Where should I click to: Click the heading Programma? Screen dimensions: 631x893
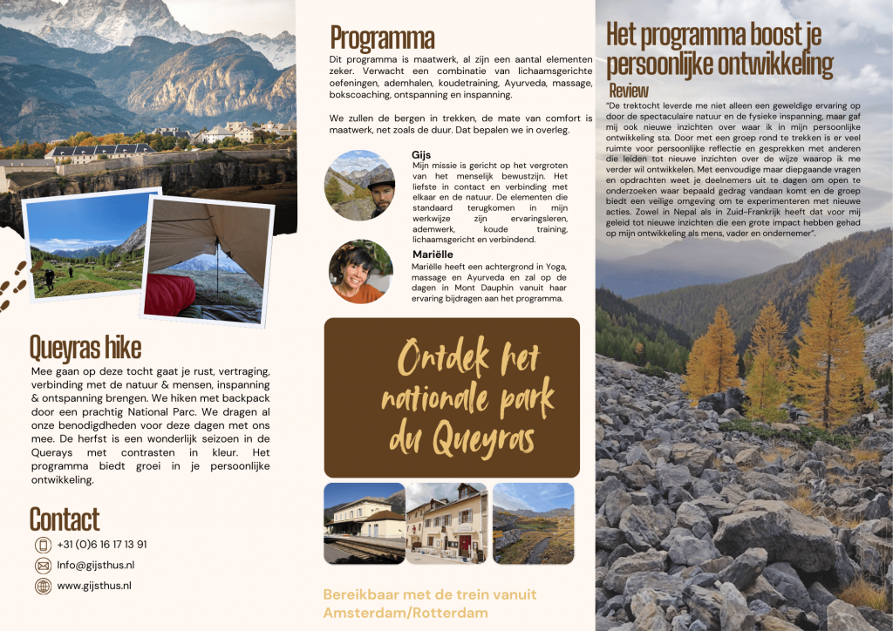coord(382,38)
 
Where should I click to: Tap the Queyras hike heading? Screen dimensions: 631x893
coord(85,347)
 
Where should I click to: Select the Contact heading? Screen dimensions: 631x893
coord(65,519)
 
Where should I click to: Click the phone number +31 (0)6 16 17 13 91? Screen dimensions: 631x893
coord(102,545)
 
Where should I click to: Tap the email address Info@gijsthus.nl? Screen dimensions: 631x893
coord(96,565)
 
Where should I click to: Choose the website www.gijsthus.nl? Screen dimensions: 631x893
coord(94,586)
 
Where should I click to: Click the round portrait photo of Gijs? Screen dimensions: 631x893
coord(359,185)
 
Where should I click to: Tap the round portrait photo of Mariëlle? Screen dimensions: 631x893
coord(360,271)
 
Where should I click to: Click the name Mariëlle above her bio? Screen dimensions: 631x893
coord(433,254)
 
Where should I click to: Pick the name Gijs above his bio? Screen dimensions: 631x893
coord(421,154)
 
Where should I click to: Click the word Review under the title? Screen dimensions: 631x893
coord(629,91)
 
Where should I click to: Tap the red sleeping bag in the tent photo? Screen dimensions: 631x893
coord(170,295)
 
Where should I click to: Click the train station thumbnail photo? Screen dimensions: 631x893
coord(364,523)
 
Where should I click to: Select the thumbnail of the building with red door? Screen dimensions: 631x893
coord(446,523)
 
